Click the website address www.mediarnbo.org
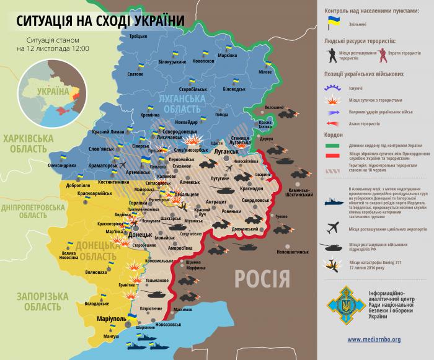[x=374, y=339]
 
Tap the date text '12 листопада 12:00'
[x=53, y=48]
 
